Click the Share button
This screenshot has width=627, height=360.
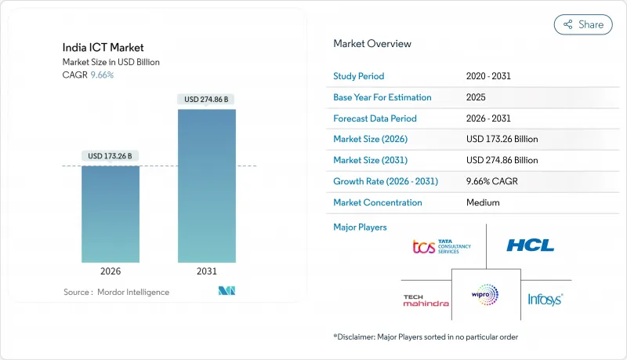[583, 24]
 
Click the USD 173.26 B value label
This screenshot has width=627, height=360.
[111, 156]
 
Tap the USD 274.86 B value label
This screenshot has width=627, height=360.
[207, 100]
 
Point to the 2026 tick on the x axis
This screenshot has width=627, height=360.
[111, 271]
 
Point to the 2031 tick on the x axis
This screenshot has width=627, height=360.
[207, 271]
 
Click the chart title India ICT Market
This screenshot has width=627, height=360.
[92, 47]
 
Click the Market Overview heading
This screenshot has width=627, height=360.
[372, 44]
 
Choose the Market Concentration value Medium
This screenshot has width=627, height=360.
[484, 202]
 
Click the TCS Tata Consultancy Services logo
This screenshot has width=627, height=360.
[442, 247]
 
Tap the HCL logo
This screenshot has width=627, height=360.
[530, 245]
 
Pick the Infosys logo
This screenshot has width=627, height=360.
[545, 299]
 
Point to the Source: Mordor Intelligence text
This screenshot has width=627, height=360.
[116, 292]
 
